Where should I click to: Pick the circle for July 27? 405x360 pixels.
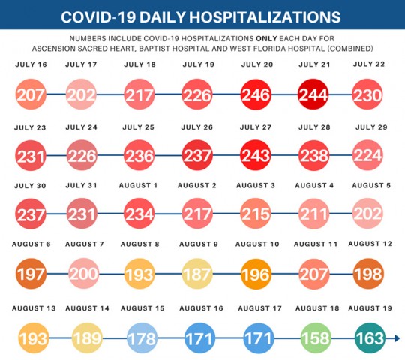255,154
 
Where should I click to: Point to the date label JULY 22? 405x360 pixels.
370,64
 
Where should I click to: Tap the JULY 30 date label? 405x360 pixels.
30,185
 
